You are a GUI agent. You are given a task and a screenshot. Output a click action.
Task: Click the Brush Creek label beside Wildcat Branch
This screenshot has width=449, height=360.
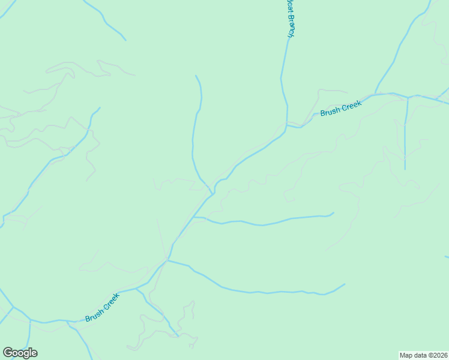340,108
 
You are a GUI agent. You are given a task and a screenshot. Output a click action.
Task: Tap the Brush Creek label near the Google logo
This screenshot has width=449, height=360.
103,307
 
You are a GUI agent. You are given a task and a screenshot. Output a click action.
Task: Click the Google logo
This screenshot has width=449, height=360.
20,353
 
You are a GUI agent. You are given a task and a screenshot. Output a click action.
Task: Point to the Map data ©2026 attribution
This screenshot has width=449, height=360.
423,355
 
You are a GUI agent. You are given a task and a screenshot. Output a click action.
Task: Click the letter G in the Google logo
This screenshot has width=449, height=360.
8,353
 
